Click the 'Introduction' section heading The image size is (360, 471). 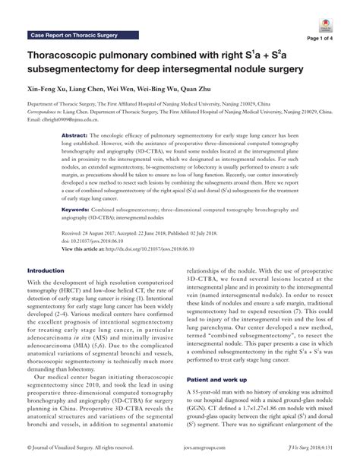click(x=46, y=270)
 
